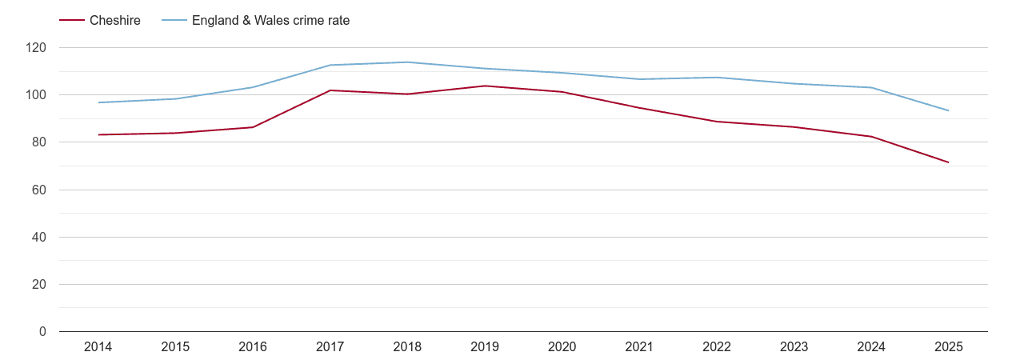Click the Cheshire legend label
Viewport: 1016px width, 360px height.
(x=115, y=21)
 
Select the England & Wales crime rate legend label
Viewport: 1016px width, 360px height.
(x=270, y=21)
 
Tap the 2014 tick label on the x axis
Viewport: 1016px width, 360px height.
(x=98, y=346)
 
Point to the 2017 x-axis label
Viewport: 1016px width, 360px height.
(x=330, y=346)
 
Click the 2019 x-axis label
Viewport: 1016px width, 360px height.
(x=485, y=346)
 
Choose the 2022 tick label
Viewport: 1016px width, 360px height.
(x=717, y=346)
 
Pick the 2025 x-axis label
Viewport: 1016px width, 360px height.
(x=949, y=346)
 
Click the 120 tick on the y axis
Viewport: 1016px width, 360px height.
(x=37, y=48)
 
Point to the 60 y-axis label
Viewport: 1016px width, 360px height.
(x=40, y=190)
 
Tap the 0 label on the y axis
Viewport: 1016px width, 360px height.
(x=43, y=331)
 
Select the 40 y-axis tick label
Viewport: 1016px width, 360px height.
(x=40, y=237)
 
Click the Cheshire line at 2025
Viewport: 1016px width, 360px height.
(x=949, y=162)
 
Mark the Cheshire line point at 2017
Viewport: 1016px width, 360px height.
(x=330, y=90)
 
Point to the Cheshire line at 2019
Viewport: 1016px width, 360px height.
(x=485, y=86)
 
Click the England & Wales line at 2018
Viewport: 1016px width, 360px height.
(x=407, y=62)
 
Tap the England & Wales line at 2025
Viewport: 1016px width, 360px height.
(x=949, y=110)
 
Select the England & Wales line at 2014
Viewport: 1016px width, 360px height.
(x=98, y=102)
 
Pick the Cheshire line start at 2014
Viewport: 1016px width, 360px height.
(x=98, y=134)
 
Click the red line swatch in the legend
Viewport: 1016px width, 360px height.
(x=72, y=21)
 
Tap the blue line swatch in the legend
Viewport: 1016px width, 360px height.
(x=174, y=21)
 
